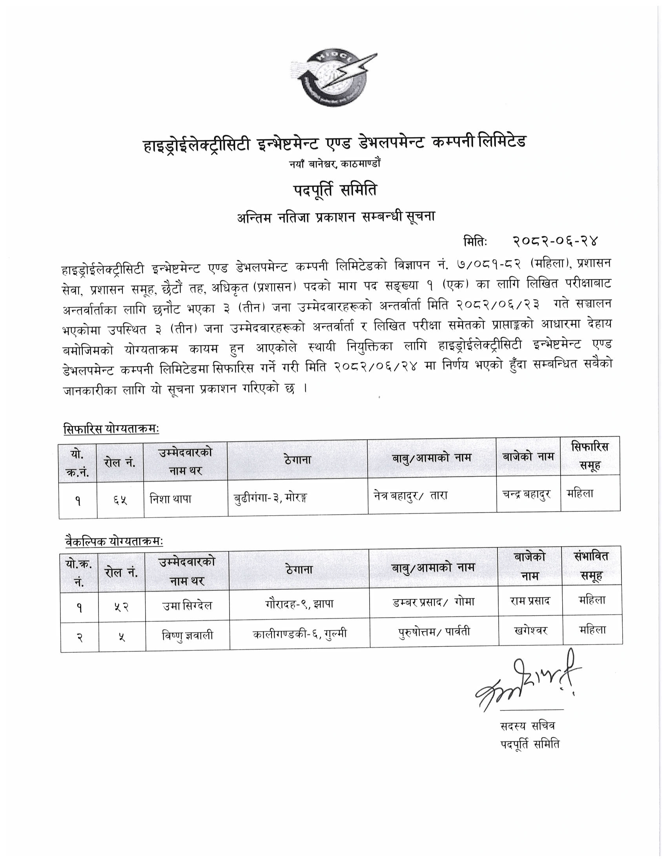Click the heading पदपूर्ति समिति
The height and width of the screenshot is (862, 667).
(x=335, y=191)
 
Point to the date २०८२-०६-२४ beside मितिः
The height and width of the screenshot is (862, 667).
(x=556, y=240)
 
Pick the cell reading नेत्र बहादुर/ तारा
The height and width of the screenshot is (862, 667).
(x=410, y=495)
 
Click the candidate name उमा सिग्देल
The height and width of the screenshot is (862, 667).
(x=187, y=605)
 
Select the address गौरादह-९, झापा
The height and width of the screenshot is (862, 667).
(x=299, y=603)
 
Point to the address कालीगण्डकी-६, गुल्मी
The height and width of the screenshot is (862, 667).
(x=299, y=634)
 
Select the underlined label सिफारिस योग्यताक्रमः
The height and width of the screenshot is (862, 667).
(x=111, y=429)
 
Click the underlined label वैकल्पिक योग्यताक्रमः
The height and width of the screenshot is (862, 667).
(x=113, y=542)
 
